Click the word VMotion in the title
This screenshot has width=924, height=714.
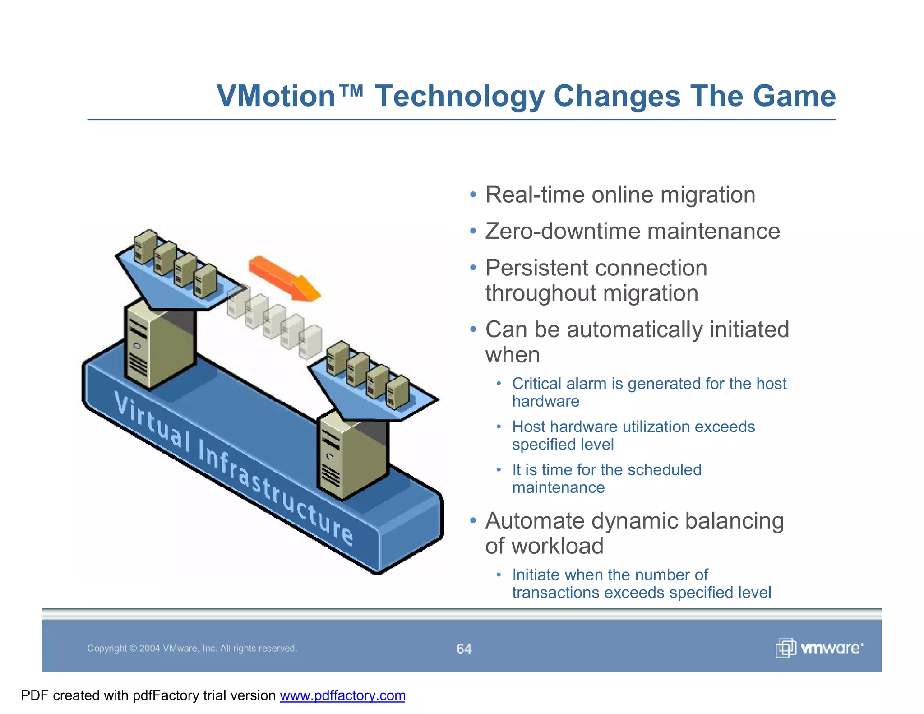coord(276,96)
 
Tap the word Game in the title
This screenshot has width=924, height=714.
coord(794,96)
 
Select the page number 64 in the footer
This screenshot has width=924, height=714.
coord(464,649)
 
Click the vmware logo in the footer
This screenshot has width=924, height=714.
coord(819,648)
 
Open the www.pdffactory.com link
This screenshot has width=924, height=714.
coord(342,695)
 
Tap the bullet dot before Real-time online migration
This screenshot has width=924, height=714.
coord(472,195)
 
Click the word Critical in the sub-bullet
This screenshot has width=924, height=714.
coord(536,384)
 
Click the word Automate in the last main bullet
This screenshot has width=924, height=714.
coord(534,521)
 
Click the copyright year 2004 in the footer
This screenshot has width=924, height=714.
coord(149,649)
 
